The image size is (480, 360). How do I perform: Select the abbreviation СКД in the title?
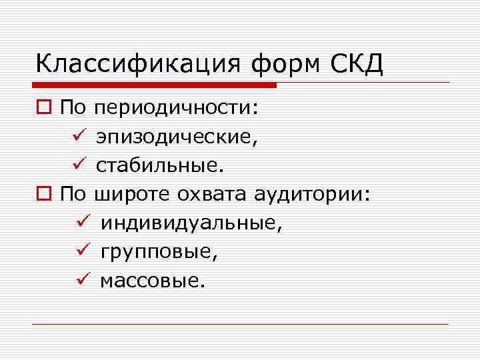357,65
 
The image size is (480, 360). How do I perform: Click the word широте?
133,195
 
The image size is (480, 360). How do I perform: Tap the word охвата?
213,195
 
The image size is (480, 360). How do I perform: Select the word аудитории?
311,195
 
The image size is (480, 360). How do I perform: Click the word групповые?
159,253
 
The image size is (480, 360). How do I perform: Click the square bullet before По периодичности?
45,109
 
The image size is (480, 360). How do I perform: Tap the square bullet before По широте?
45,195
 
